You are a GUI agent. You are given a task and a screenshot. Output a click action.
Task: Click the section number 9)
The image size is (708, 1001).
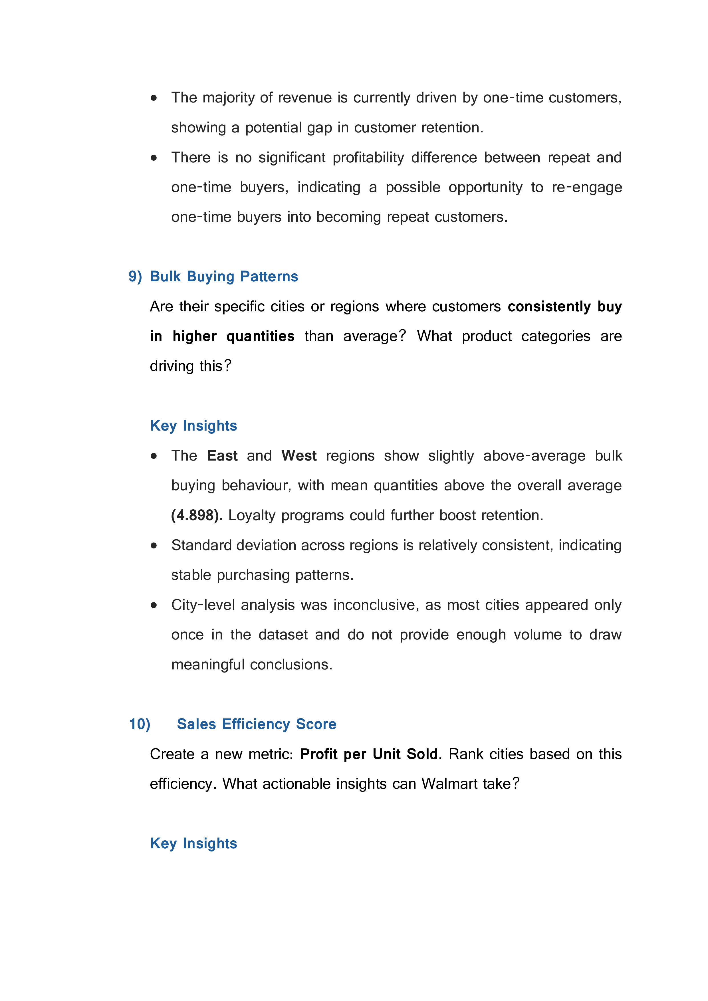135,277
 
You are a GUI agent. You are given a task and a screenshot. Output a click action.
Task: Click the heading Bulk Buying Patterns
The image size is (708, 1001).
224,277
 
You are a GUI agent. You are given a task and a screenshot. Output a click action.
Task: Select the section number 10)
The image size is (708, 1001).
140,724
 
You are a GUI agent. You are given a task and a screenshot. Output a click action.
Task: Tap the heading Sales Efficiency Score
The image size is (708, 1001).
256,724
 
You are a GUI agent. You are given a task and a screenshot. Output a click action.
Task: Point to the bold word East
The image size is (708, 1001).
222,456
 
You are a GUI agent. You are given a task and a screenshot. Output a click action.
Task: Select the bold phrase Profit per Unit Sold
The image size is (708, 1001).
369,754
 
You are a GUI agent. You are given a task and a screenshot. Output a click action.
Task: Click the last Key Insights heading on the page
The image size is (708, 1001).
193,843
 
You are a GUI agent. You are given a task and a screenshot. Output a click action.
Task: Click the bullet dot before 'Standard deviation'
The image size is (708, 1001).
154,545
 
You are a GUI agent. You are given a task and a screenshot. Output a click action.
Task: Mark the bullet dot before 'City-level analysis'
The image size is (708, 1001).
154,605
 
